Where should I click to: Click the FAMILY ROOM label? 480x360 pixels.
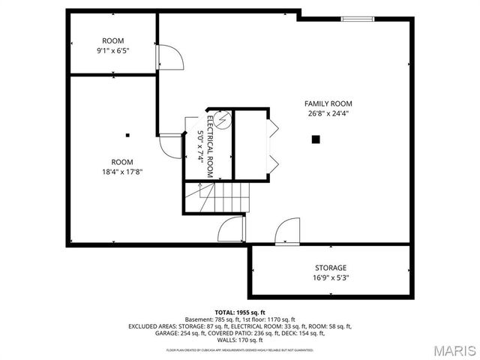(x=328, y=103)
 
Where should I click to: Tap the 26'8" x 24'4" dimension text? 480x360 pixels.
(x=328, y=114)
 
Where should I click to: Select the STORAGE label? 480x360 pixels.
(x=330, y=268)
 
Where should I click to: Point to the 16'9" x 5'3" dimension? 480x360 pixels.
(x=330, y=278)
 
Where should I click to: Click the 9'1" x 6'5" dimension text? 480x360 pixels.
(x=114, y=51)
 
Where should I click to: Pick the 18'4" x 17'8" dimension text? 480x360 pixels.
(x=122, y=172)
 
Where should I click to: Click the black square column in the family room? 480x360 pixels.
(x=316, y=139)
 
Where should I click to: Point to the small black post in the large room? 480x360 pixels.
(x=128, y=136)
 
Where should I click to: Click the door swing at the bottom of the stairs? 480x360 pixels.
(x=232, y=229)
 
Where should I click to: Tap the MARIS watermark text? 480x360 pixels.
(x=453, y=349)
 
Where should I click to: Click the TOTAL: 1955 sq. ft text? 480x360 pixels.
(x=240, y=312)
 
